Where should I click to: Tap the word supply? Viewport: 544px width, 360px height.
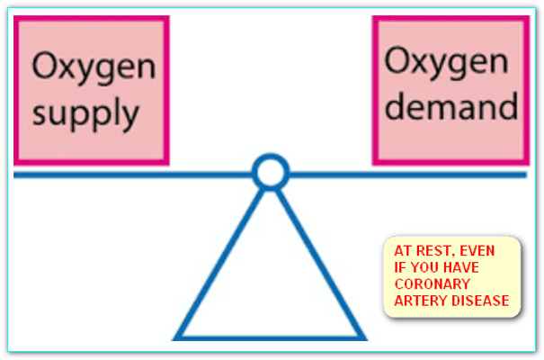(86, 113)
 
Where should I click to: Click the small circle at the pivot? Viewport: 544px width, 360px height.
(270, 172)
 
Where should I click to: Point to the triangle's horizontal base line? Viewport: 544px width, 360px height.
(270, 337)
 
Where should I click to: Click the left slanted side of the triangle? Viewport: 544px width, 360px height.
(220, 261)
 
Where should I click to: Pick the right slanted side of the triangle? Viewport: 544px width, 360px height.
(319, 261)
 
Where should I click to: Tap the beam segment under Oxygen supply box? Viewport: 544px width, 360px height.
(90, 174)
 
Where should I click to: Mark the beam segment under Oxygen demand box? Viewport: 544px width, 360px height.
(450, 174)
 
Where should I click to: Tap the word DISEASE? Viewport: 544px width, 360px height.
(483, 300)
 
